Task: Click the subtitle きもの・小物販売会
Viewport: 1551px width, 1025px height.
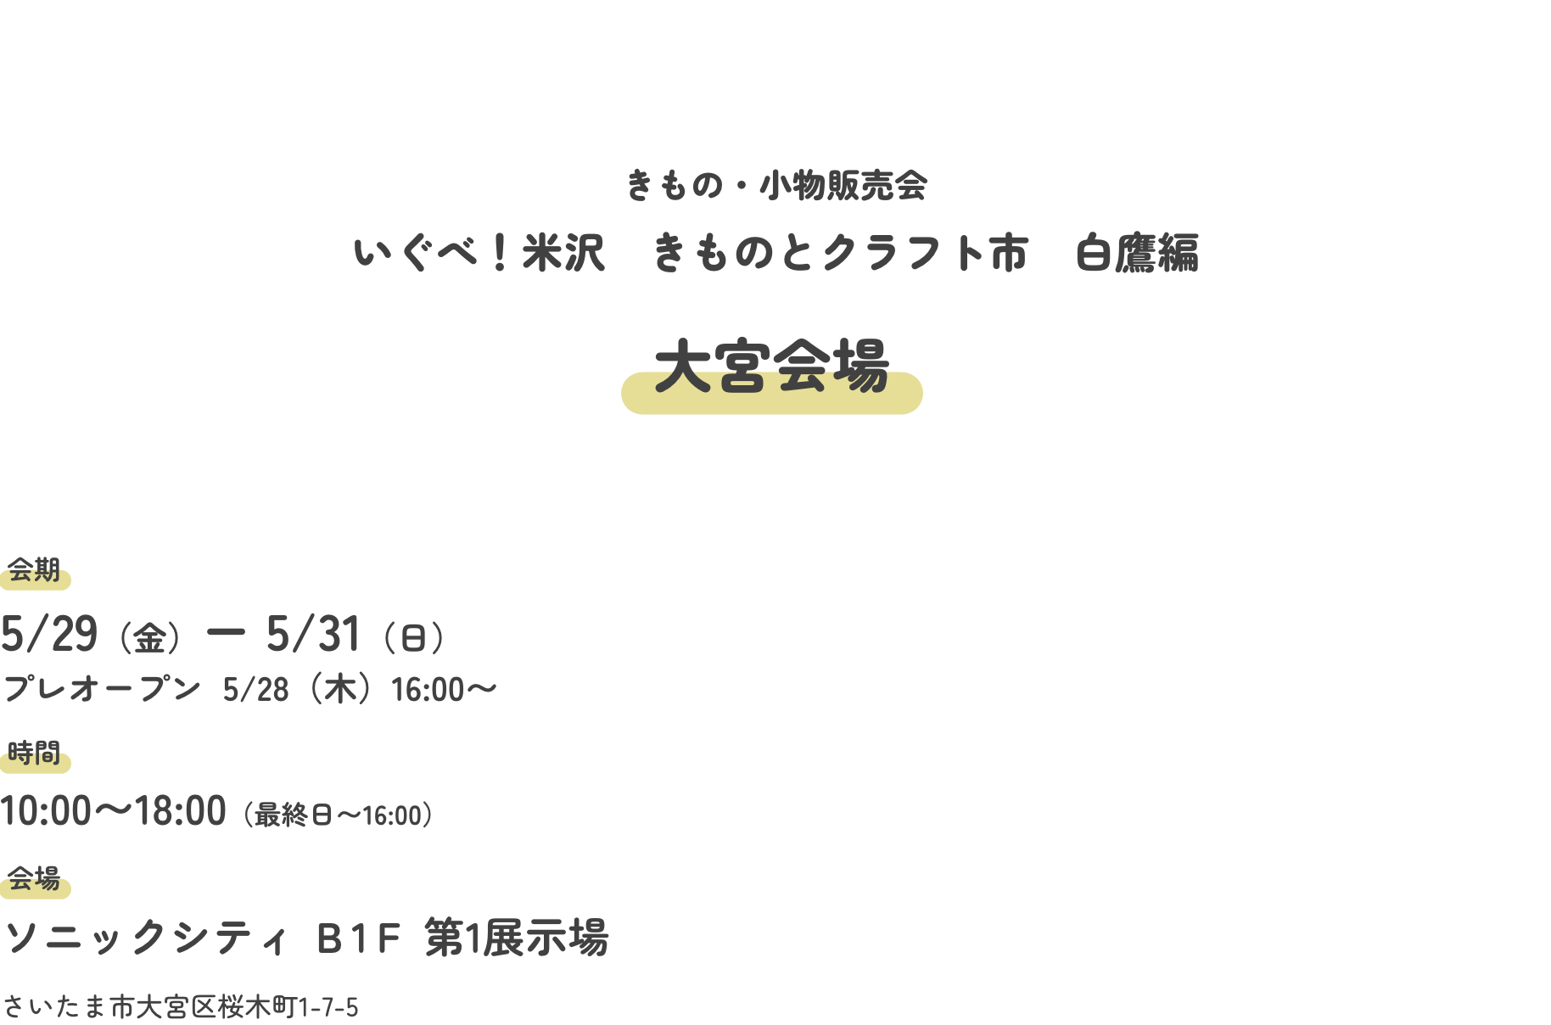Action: pyautogui.click(x=775, y=186)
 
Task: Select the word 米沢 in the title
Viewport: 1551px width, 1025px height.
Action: pyautogui.click(x=563, y=253)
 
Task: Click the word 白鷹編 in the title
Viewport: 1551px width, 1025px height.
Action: pyautogui.click(x=1137, y=253)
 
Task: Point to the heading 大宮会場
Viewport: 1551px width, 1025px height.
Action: pyautogui.click(x=771, y=367)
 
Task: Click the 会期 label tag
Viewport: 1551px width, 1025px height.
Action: pyautogui.click(x=35, y=571)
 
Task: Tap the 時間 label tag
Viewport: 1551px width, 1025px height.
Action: pyautogui.click(x=35, y=753)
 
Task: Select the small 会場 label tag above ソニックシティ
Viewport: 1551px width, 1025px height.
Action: pyautogui.click(x=35, y=879)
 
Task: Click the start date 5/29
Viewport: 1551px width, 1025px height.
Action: pyautogui.click(x=49, y=634)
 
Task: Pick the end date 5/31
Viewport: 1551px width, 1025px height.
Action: pyautogui.click(x=313, y=634)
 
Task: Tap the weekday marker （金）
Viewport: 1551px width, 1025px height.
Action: pyautogui.click(x=149, y=637)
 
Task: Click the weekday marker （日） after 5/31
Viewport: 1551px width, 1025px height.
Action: pyautogui.click(x=413, y=637)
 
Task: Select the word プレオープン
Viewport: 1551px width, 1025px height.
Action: pyautogui.click(x=103, y=689)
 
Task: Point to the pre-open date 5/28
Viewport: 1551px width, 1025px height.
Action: pyautogui.click(x=255, y=690)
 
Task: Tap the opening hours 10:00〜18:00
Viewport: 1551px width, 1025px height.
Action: pyautogui.click(x=114, y=811)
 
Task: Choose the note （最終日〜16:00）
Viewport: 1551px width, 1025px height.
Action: pyautogui.click(x=339, y=815)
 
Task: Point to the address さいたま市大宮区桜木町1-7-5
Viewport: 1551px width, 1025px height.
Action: pyautogui.click(x=180, y=1007)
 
